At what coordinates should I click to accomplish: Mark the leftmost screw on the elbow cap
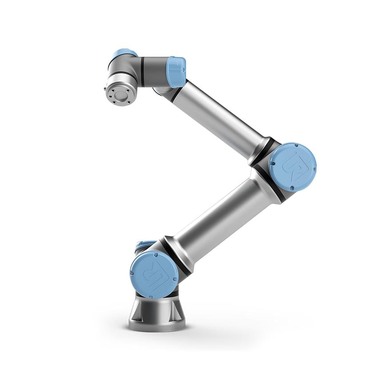(272, 165)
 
